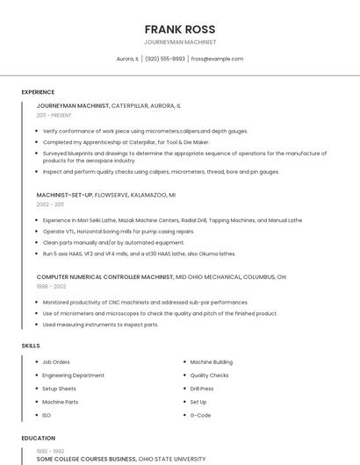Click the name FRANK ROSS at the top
[180, 29]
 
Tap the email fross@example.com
[217, 59]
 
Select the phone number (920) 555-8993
[165, 59]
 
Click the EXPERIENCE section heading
[38, 92]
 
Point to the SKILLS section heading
[31, 346]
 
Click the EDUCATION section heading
[39, 438]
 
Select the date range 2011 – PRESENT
[54, 115]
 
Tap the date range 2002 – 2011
[50, 204]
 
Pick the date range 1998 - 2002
[51, 286]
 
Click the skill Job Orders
[56, 361]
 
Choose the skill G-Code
[200, 415]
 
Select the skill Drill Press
[202, 389]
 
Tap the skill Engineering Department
[73, 376]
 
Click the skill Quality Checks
[209, 376]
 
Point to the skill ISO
[47, 415]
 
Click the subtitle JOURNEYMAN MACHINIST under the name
[180, 42]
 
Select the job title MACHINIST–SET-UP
[64, 195]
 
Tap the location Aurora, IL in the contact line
[127, 59]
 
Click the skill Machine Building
[211, 361]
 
